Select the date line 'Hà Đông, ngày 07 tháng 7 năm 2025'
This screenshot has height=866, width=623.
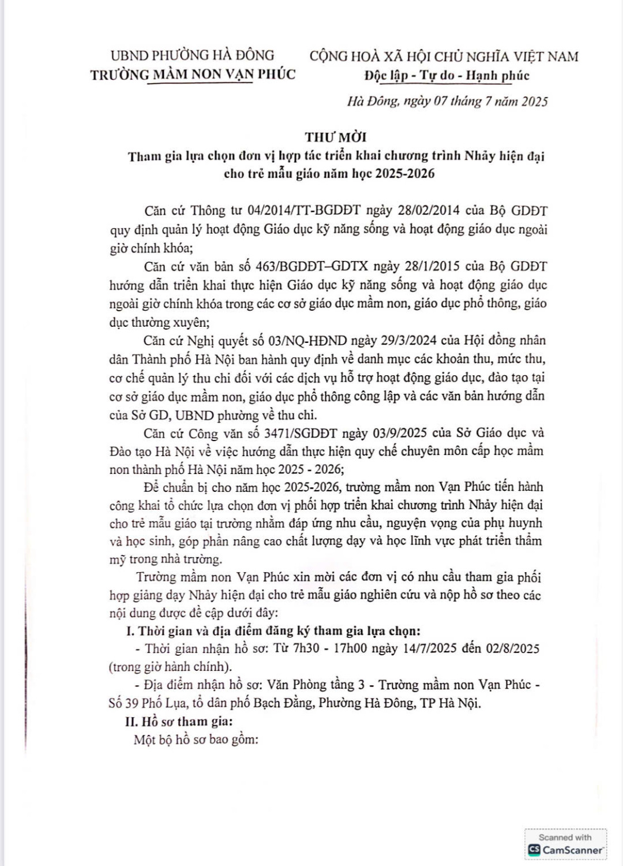tap(447, 102)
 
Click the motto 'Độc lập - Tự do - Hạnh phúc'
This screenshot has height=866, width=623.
tap(446, 76)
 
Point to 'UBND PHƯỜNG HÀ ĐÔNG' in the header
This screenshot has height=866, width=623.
tap(192, 55)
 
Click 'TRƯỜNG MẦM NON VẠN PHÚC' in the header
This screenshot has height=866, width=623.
tap(193, 74)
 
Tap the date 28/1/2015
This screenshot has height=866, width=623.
tap(429, 266)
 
